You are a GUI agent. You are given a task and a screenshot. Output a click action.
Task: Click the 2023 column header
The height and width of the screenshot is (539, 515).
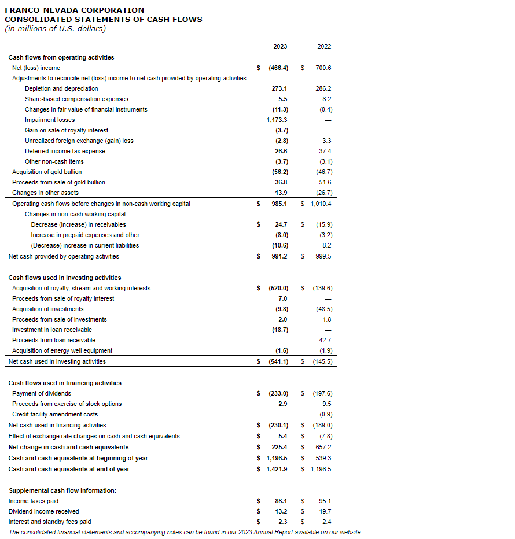pos(279,46)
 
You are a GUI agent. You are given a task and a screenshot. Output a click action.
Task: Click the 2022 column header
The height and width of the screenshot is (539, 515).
pos(324,46)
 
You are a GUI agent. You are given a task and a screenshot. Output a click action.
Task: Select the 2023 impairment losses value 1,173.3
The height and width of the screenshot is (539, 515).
pos(277,120)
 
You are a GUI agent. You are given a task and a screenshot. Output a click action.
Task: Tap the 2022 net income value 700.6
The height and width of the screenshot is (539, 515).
pos(323,68)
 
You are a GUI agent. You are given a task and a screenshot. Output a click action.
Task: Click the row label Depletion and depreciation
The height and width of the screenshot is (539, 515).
pos(61,88)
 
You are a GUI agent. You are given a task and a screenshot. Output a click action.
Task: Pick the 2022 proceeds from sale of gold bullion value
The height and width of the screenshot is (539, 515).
pos(326,182)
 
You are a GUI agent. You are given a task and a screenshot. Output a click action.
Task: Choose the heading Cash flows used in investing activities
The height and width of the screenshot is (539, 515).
pos(65,278)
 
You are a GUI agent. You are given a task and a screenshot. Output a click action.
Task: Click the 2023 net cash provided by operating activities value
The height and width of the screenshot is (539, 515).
pos(279,256)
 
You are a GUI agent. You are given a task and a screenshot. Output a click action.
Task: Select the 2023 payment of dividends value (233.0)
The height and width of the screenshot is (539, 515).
pos(278,393)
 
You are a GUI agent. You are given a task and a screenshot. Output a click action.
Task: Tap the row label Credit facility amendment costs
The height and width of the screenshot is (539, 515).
pos(55,414)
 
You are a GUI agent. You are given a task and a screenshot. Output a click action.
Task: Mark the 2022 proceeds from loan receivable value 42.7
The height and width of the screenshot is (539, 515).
pos(326,340)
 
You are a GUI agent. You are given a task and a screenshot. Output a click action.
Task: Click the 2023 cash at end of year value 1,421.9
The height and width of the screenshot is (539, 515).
pos(277,469)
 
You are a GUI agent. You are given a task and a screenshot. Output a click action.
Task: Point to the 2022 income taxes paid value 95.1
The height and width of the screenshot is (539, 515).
pos(326,501)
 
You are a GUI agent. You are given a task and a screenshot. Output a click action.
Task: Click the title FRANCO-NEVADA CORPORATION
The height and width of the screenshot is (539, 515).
pos(75,10)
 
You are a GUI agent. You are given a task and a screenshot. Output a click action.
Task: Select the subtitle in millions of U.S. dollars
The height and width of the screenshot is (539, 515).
pos(56,29)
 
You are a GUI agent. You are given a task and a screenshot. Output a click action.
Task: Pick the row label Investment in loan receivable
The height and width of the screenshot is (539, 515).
pos(52,330)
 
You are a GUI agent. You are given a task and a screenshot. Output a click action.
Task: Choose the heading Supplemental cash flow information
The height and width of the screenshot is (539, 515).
pos(62,490)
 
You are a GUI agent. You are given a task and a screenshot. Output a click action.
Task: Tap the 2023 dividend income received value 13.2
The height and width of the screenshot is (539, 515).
pos(281,511)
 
